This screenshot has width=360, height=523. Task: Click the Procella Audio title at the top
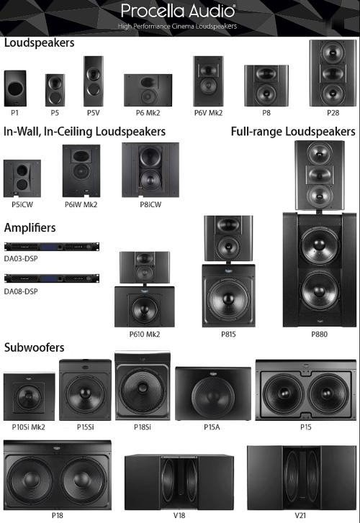[x=178, y=11]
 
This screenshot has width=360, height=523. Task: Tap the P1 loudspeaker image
[x=15, y=88]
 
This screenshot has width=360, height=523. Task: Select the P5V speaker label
[x=94, y=113]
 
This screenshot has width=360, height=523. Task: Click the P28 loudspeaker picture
[x=333, y=73]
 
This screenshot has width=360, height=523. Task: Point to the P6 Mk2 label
[x=148, y=113]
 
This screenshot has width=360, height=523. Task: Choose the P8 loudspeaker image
[x=266, y=86]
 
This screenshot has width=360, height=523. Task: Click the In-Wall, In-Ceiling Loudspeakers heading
[x=84, y=132]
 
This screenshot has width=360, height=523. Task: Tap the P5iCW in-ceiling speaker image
[x=22, y=178]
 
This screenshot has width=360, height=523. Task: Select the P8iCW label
[x=150, y=204]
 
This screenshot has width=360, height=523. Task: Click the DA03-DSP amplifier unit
[x=52, y=247]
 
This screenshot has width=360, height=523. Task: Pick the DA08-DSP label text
[x=21, y=291]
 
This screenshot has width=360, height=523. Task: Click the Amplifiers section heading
[x=30, y=227]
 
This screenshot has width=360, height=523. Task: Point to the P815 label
[x=228, y=334]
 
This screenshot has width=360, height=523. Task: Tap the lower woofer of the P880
[x=320, y=289]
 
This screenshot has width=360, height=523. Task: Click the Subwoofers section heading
[x=34, y=347]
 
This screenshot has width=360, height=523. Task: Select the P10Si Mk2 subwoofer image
[x=29, y=396]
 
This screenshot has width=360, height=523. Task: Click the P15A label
[x=212, y=427]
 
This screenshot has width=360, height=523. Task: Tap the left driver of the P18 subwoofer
[x=31, y=480]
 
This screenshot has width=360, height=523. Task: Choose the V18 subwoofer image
[x=179, y=482]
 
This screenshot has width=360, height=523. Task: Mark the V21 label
[x=300, y=515]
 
